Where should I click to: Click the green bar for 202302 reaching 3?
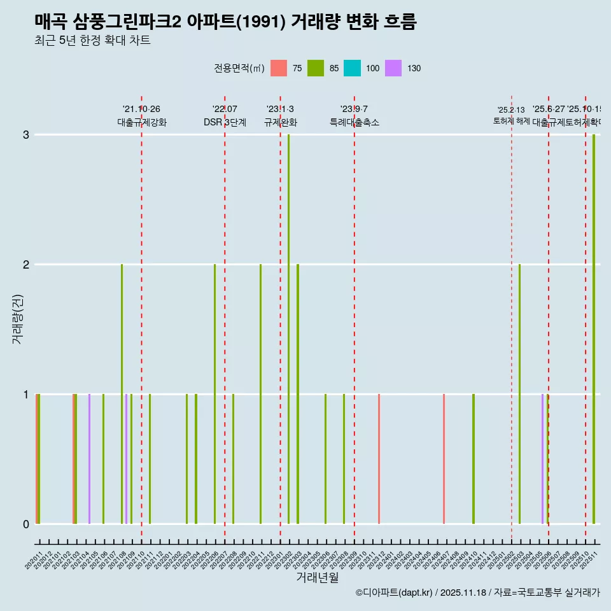coord(288,329)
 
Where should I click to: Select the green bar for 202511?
coord(594,329)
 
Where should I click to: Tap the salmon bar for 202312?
coord(379,459)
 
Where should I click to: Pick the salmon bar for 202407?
coord(444,459)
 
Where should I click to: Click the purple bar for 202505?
coord(542,459)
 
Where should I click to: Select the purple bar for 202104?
coord(89,459)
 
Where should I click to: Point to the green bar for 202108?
coord(122,394)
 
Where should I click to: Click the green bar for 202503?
coord(519,394)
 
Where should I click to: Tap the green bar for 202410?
coord(474,459)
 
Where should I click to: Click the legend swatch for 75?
coord(279,68)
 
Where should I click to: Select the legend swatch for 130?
coord(393,68)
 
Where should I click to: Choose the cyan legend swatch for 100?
coord(352,68)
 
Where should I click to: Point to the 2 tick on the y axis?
coord(26,264)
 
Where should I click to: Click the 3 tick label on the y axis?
coord(26,134)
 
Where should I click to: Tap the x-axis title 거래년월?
coord(317,577)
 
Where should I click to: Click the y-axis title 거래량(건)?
coord(18,318)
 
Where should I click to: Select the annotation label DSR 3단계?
coord(225,122)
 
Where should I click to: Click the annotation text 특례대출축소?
coord(354,122)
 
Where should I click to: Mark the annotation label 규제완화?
coord(280,122)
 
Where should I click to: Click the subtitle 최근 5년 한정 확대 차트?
coord(92,41)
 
